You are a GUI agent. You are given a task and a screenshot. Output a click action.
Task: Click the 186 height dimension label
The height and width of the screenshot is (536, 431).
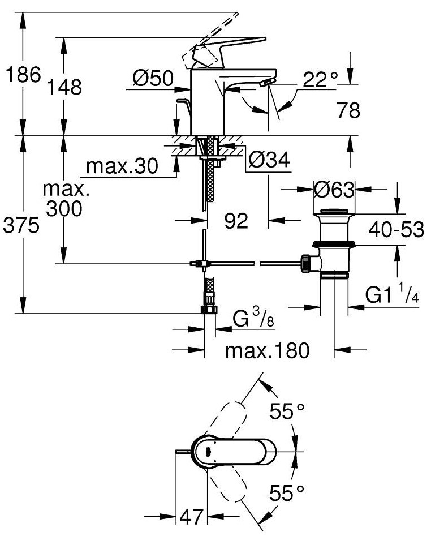(23, 75)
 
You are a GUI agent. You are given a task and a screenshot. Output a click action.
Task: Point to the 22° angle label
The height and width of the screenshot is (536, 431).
(320, 80)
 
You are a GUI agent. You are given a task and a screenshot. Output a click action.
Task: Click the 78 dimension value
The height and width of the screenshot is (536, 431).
(348, 110)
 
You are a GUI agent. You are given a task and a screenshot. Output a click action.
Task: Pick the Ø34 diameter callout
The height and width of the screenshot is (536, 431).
(269, 159)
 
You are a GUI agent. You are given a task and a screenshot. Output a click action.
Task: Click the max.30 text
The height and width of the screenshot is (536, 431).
(122, 166)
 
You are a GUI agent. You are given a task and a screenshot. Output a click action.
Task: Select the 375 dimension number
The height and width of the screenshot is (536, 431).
(21, 226)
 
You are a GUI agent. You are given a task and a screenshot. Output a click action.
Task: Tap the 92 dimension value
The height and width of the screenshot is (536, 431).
(236, 221)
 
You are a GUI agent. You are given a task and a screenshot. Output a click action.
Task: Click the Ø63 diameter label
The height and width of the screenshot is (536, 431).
(334, 190)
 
